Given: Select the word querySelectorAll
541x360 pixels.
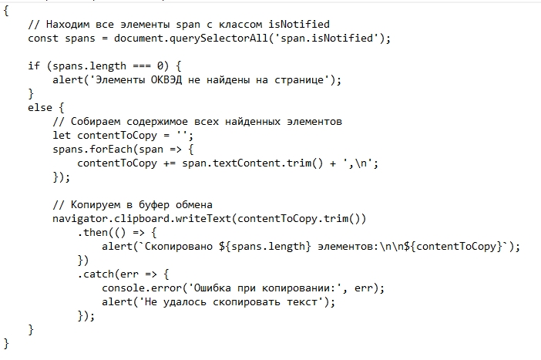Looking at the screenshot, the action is point(219,39).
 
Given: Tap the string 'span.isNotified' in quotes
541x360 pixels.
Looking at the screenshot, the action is point(327,38).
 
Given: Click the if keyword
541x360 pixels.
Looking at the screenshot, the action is point(34,66).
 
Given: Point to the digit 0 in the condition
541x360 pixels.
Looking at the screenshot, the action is point(160,66).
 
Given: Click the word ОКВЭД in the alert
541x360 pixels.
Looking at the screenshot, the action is point(166,80).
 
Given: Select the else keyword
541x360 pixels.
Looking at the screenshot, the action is point(40,107).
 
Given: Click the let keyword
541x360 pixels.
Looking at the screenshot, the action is point(62,135).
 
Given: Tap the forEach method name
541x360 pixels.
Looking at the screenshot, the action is point(111,149).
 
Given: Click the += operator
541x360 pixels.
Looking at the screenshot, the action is point(170,163).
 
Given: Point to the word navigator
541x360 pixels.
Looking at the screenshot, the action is point(80,219).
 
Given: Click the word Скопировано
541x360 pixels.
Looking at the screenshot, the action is point(178,247).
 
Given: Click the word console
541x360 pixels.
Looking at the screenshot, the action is point(123,288).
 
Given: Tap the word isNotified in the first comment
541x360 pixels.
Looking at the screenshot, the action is point(299,24).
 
